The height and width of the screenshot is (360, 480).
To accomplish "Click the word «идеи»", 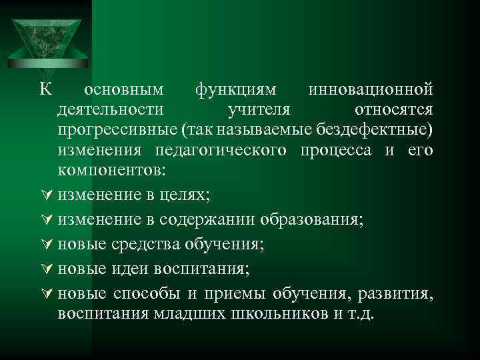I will point(131,269).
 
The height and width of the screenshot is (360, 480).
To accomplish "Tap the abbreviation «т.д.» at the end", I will point(361,313).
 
